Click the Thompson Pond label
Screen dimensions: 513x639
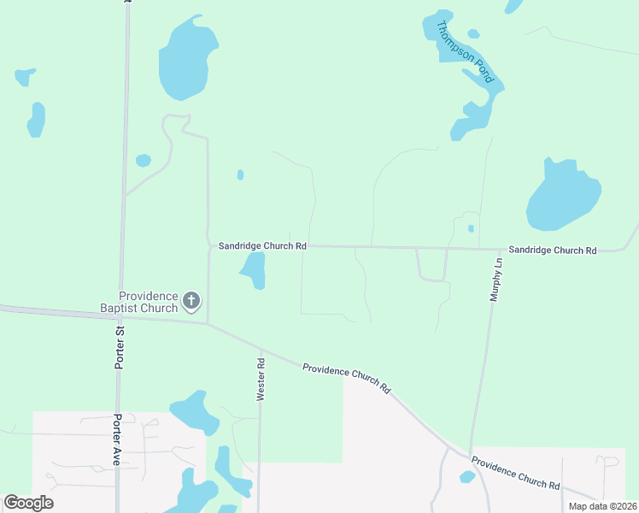pyautogui.click(x=466, y=52)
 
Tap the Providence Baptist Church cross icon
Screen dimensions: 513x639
pyautogui.click(x=191, y=300)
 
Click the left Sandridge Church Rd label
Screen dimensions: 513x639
pyautogui.click(x=261, y=245)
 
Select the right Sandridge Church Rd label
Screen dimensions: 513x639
pyautogui.click(x=552, y=251)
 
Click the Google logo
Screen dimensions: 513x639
pyautogui.click(x=28, y=503)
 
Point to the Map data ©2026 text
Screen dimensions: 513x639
pyautogui.click(x=601, y=506)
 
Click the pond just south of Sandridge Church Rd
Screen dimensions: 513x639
pyautogui.click(x=255, y=270)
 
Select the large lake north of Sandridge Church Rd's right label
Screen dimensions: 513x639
pyautogui.click(x=561, y=197)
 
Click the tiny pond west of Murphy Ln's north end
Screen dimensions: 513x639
pyautogui.click(x=471, y=228)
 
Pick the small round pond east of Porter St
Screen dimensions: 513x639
pyautogui.click(x=144, y=160)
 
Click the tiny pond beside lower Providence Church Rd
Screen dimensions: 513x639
pyautogui.click(x=466, y=476)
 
